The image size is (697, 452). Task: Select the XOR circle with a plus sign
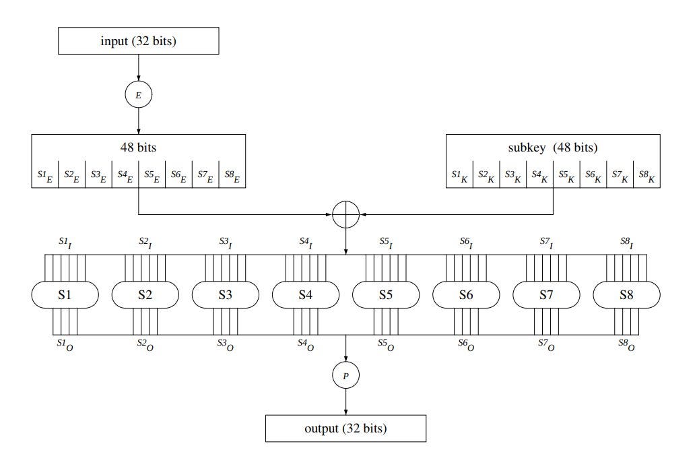point(345,215)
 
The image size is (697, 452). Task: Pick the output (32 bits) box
point(345,428)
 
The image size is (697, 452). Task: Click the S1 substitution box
point(65,294)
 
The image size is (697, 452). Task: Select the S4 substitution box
point(306,294)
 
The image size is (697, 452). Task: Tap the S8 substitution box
point(626,294)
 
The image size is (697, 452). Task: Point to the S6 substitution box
point(466,294)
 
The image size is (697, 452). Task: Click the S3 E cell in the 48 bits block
point(98,176)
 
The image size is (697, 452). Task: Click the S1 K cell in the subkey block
point(459,176)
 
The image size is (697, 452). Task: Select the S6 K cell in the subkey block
point(593,176)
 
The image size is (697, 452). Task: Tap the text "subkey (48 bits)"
point(552,148)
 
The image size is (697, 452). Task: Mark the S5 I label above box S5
point(386,243)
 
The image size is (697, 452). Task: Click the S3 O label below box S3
point(226,344)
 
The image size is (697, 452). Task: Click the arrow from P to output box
point(345,401)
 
